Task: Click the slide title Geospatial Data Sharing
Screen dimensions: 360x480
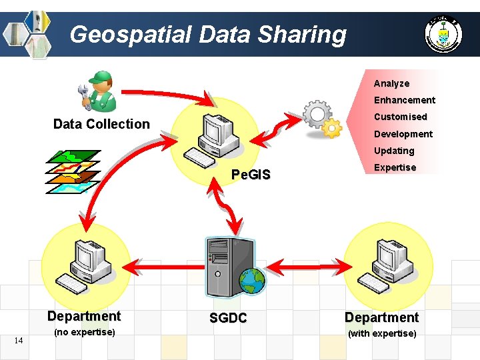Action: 207,33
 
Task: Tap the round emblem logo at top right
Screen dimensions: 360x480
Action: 443,34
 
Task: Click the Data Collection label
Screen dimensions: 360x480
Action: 101,124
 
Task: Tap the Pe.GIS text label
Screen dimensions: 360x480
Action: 250,175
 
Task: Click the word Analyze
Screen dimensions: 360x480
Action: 391,83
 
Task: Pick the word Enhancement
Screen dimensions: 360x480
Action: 404,100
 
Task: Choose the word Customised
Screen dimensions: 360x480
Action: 400,117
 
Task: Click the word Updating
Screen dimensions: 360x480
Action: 393,151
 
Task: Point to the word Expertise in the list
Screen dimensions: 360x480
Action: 395,167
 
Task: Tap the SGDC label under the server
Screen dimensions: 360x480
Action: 228,319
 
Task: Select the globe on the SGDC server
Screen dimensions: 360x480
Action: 253,281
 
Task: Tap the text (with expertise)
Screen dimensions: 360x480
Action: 382,333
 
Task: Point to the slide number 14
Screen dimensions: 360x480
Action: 19,341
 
